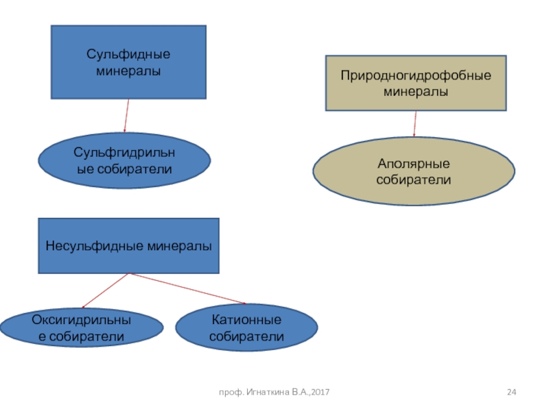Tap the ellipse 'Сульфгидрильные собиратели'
coord(124,161)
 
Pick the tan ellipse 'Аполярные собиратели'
coord(413,171)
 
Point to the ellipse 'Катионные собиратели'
coord(246,328)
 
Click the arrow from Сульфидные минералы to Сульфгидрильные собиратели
coord(126,115)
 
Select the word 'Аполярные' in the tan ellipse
coord(413,164)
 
